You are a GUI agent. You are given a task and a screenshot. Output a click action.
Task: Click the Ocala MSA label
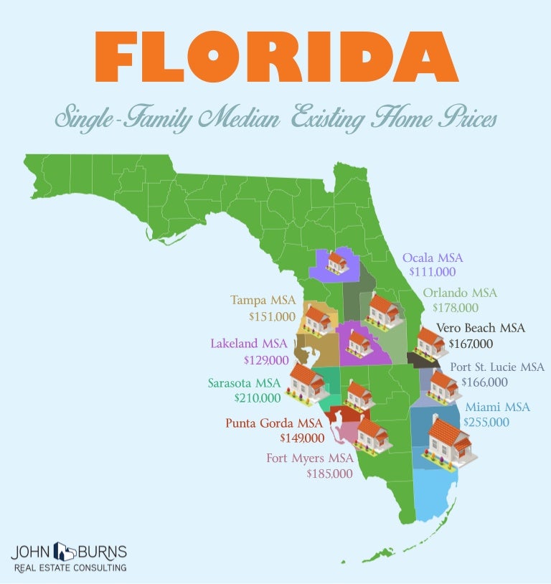pyautogui.click(x=433, y=258)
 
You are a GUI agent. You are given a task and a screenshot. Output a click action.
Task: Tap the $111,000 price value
pyautogui.click(x=432, y=273)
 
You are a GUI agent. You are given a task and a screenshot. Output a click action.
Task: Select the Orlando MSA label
pyautogui.click(x=459, y=293)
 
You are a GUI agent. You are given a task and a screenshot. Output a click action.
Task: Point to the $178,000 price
pyautogui.click(x=455, y=308)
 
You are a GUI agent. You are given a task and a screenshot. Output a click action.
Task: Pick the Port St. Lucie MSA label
pyautogui.click(x=496, y=367)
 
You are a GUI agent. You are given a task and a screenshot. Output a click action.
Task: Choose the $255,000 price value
pyautogui.click(x=486, y=422)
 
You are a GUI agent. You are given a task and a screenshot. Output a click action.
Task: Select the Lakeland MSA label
pyautogui.click(x=248, y=344)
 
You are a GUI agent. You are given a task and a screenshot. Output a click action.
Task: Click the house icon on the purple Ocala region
pyautogui.click(x=336, y=261)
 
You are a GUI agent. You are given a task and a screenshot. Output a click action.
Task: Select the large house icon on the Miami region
pyautogui.click(x=449, y=440)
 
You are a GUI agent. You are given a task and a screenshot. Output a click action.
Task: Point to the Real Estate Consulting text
pyautogui.click(x=70, y=567)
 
